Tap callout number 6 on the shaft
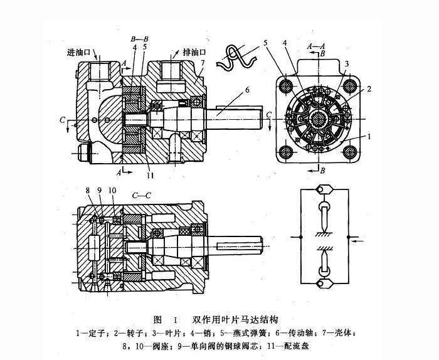point(247,90)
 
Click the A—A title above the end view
point(315,46)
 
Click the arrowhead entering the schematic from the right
point(352,238)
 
